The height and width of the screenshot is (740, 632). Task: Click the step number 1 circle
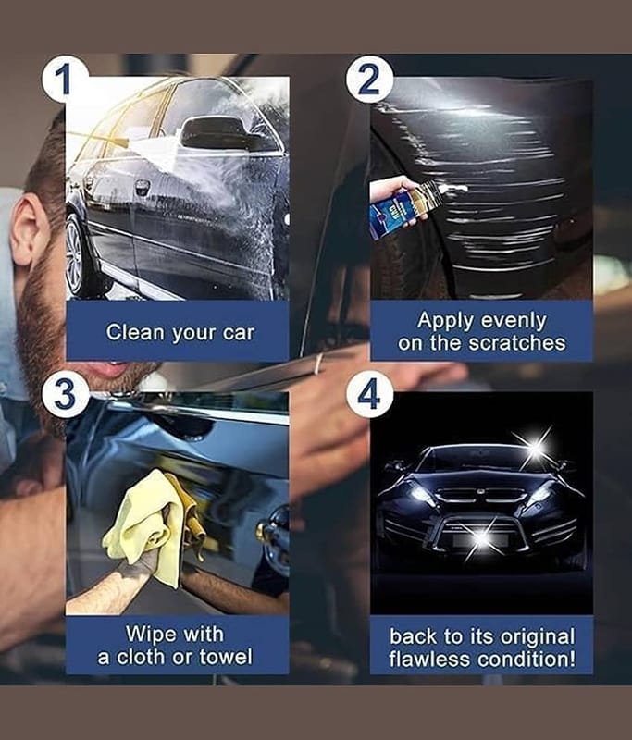pos(64,79)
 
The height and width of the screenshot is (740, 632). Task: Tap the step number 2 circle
pos(369,79)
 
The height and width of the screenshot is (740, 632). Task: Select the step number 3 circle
pos(64,394)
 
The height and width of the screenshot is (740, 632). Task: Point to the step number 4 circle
pos(369,394)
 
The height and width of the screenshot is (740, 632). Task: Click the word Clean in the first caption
pos(136,331)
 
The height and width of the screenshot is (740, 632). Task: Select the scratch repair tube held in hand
pos(416,204)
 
